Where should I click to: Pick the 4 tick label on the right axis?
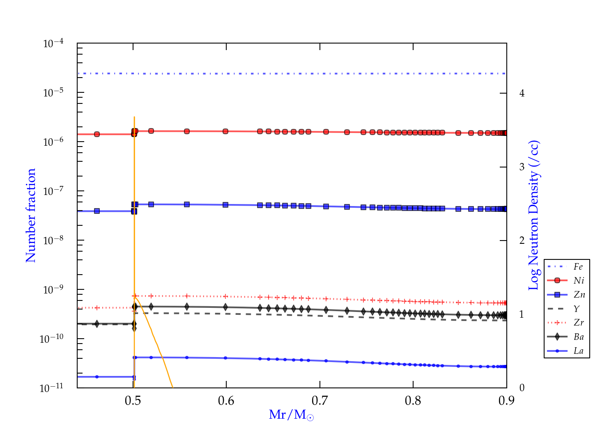pos(522,93)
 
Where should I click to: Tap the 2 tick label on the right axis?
pos(522,241)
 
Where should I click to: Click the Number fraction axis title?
pos(31,215)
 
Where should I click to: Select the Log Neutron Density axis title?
pos(534,215)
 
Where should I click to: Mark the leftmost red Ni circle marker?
pos(97,134)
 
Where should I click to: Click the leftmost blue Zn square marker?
pos(97,211)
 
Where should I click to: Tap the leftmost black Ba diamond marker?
pos(97,324)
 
